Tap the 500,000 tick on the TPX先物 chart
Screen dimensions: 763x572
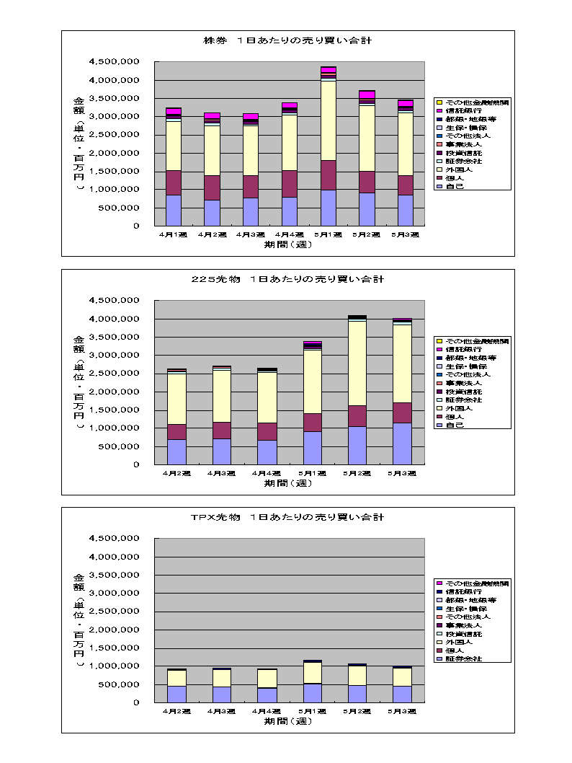(x=119, y=684)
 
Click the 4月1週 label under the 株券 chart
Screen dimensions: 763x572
(x=173, y=235)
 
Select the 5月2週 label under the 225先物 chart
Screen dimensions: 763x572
(x=357, y=473)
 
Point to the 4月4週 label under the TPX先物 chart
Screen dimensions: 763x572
(x=267, y=711)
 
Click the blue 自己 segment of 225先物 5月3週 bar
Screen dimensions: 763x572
(x=402, y=444)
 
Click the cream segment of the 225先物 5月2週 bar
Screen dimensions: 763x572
(x=357, y=363)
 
